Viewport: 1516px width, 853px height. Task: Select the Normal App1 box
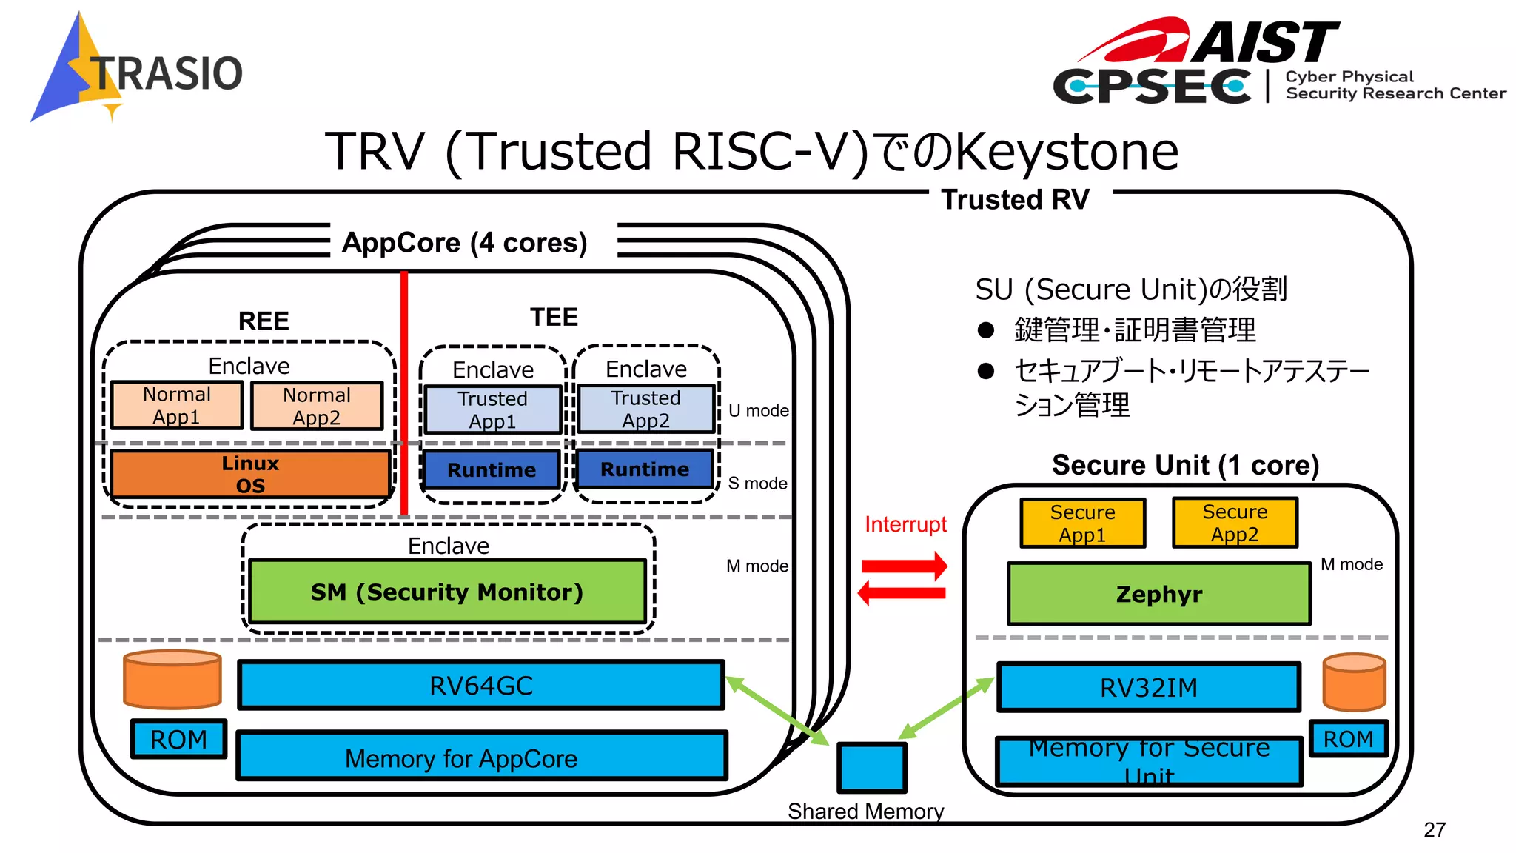point(177,405)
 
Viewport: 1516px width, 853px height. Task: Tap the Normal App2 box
point(317,406)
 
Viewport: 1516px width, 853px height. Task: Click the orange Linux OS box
point(250,474)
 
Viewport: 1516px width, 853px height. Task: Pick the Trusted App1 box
point(492,409)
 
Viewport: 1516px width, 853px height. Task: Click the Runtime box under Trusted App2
point(645,469)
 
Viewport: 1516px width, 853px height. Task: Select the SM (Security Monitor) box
point(447,592)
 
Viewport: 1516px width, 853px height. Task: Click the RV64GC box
point(481,686)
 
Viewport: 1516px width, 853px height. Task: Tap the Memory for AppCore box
point(481,757)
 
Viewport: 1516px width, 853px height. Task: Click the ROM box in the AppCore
point(178,739)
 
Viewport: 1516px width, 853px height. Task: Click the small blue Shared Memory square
point(871,767)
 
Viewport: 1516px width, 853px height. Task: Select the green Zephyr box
point(1158,594)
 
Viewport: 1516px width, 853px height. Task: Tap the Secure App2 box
point(1235,523)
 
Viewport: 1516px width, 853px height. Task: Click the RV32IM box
point(1148,688)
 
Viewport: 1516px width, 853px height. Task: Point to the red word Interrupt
point(905,524)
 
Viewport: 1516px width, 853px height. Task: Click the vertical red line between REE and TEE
point(404,392)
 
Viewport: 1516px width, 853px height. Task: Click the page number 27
point(1434,830)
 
